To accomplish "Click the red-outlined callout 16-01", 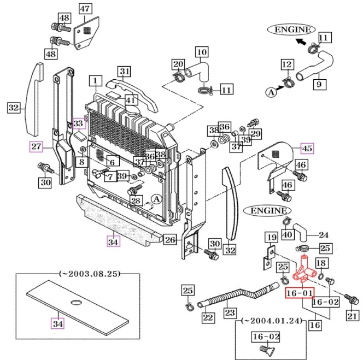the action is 300,293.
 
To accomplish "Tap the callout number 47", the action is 85,9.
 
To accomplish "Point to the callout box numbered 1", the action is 95,81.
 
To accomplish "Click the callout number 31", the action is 124,72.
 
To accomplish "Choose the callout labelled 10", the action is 202,52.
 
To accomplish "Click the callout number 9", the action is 320,84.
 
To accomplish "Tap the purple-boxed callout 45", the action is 307,148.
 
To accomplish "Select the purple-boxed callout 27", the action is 36,146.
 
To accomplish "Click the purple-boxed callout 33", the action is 79,123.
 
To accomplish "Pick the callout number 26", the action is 170,240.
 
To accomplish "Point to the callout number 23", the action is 230,313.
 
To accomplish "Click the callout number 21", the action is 353,316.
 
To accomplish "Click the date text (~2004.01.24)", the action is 272,321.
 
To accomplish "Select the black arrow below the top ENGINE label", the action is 301,42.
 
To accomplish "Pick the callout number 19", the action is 271,238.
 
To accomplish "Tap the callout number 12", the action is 288,64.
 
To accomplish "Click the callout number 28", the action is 136,200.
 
